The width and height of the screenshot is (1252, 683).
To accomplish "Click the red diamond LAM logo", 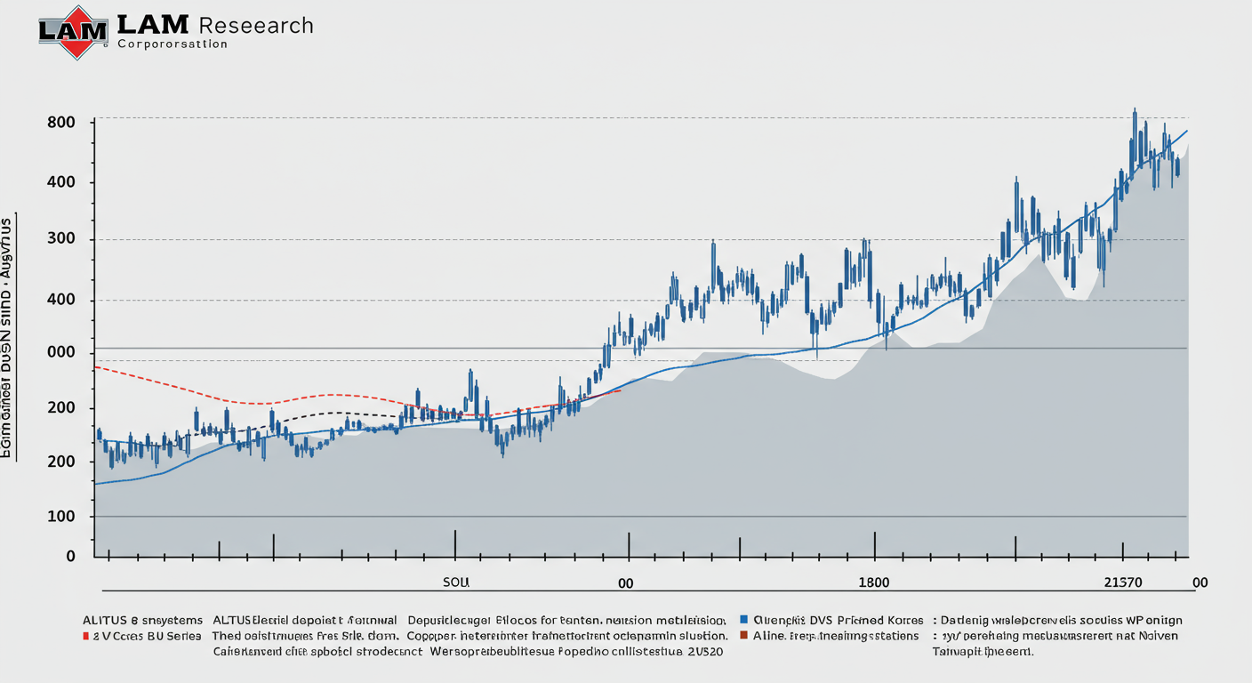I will click(x=78, y=32).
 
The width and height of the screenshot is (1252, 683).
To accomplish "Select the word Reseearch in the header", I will click(x=257, y=25).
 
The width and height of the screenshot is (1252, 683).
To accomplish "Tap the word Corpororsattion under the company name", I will click(x=173, y=44).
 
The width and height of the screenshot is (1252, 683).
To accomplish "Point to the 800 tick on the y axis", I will click(x=60, y=122).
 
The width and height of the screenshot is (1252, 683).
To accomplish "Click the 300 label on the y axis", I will click(x=60, y=239).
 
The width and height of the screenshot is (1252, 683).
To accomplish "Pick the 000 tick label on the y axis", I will click(x=60, y=353).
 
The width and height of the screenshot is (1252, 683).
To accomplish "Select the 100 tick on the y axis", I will click(x=60, y=517).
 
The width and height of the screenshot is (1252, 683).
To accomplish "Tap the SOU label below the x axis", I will click(x=455, y=583).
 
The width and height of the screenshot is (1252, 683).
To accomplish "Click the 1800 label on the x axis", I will click(x=872, y=583).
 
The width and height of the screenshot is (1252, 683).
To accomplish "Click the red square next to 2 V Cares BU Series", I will click(x=85, y=637).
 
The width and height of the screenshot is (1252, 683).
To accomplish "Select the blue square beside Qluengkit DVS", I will click(x=744, y=620).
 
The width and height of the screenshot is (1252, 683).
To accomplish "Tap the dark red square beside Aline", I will click(x=744, y=636).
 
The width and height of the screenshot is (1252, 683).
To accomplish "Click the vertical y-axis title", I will click(x=8, y=337).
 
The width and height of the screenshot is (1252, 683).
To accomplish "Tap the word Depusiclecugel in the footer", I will click(x=451, y=620).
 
